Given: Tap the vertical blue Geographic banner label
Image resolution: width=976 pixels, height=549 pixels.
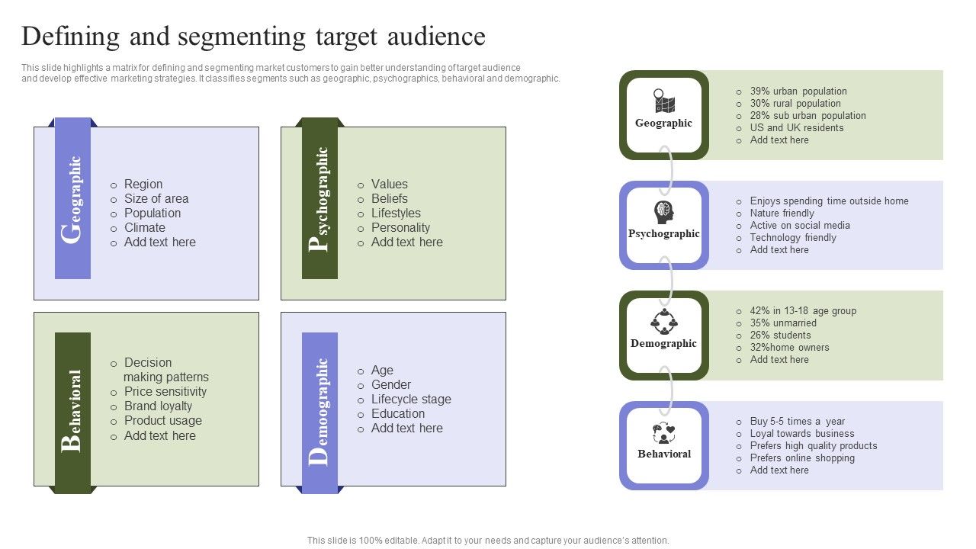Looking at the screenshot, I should click(73, 199).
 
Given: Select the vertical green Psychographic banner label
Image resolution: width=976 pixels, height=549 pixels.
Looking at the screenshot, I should click(320, 199).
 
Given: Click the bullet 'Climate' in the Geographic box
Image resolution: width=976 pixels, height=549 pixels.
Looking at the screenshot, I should click(144, 227).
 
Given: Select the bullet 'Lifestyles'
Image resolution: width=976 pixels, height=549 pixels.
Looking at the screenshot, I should click(395, 213).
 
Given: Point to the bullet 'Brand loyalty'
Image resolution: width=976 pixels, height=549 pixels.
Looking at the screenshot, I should click(158, 406).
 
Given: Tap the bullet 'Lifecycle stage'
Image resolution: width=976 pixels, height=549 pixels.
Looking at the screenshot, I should click(410, 399).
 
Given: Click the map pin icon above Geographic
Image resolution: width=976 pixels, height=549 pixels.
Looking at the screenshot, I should click(663, 101).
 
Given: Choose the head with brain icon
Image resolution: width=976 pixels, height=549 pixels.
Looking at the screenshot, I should click(663, 212).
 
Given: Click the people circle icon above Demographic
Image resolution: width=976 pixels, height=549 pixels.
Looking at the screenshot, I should click(663, 322).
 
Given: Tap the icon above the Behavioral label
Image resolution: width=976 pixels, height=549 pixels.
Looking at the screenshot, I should click(663, 432).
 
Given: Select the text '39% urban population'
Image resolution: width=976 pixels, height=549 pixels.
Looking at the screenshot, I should click(798, 91).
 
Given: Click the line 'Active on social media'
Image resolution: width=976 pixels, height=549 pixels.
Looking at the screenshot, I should click(799, 225).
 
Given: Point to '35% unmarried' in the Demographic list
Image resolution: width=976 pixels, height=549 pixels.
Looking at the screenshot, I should click(782, 323).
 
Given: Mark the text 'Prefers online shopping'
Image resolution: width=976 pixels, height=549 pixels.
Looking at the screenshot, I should click(801, 457).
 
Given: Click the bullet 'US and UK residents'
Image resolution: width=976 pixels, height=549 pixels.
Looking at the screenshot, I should click(796, 127).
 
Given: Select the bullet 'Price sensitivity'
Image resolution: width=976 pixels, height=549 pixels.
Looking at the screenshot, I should click(165, 391).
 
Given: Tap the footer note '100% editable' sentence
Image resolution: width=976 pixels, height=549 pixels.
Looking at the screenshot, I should click(488, 540).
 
